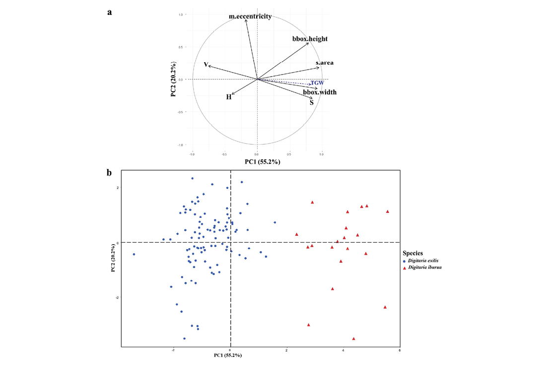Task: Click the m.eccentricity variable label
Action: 250,16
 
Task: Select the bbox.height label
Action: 310,39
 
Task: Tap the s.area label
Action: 325,63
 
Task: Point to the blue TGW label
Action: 317,83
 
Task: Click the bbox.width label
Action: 320,92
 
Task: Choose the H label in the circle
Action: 229,97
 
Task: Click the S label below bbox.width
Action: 312,102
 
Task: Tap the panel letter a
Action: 110,12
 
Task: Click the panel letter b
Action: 110,173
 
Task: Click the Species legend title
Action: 413,253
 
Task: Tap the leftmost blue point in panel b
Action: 134,254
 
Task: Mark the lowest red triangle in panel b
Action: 354,339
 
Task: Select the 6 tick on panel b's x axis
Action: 400,350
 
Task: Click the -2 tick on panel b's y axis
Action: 118,297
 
